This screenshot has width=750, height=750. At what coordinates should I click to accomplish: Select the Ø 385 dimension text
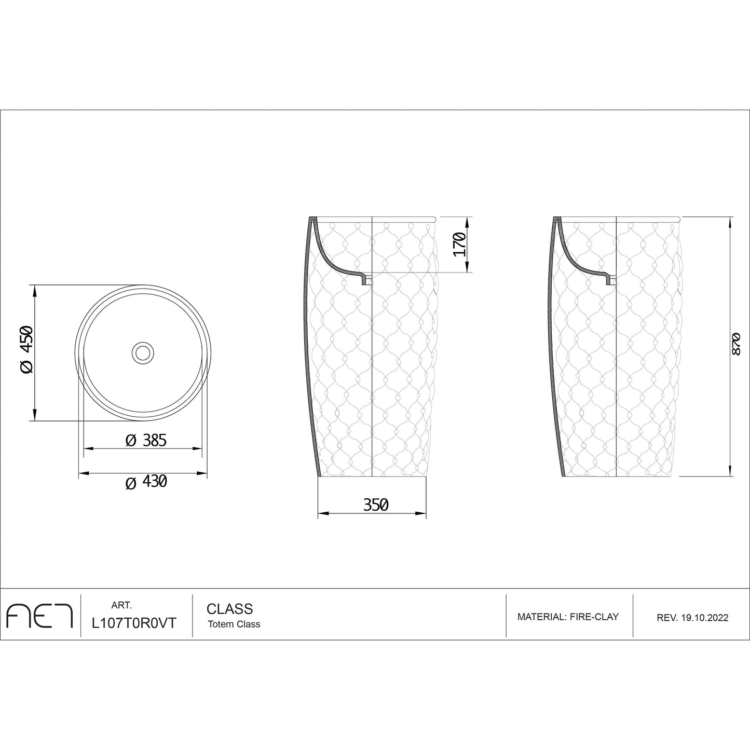(x=146, y=441)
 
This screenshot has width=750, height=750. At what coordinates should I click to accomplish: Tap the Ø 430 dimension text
(x=146, y=482)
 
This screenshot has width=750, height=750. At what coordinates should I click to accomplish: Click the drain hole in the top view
(x=142, y=352)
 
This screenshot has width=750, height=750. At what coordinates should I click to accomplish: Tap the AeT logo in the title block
(x=39, y=616)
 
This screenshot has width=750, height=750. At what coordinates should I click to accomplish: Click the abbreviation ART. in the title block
(x=121, y=605)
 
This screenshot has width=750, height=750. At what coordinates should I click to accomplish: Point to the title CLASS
(x=229, y=608)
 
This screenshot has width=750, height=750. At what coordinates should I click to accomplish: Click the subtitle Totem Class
(x=234, y=624)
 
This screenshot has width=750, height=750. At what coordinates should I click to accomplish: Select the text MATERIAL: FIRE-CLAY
(x=568, y=617)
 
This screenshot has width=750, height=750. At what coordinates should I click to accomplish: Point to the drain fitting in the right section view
(x=610, y=281)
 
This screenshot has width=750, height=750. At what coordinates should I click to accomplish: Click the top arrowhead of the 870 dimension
(x=731, y=221)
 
